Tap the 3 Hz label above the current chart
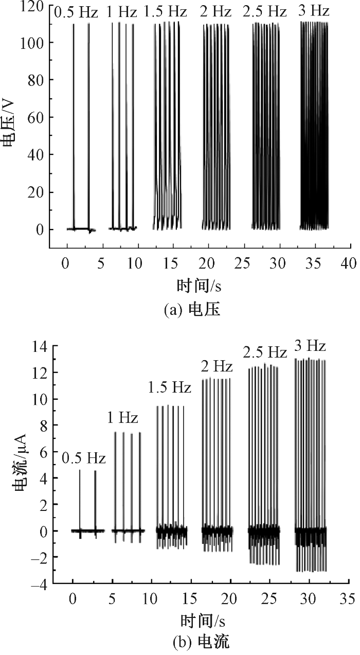(x=310, y=346)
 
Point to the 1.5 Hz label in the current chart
(x=170, y=387)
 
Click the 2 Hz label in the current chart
(x=217, y=367)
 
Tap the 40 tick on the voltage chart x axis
(x=348, y=263)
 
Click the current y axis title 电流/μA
(x=20, y=465)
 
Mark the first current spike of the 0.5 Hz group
(x=80, y=499)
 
